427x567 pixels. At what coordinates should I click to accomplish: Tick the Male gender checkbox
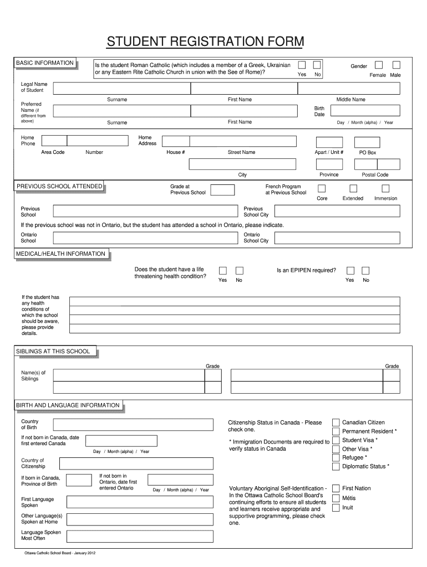coord(396,65)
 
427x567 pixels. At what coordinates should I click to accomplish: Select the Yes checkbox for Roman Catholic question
coord(302,65)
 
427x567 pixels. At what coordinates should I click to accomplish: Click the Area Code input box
coord(54,141)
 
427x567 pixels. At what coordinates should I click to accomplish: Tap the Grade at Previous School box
coord(222,190)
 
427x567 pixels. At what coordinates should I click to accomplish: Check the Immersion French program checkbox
coord(385,189)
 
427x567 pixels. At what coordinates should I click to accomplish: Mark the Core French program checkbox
coord(322,189)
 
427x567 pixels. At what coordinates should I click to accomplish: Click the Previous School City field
coord(337,211)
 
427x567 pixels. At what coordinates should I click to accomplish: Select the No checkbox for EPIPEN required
coord(365,271)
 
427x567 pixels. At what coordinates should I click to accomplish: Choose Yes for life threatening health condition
coord(222,271)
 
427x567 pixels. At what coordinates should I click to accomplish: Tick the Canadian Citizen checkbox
coord(336,423)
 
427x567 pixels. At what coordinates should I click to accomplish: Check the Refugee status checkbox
coord(336,458)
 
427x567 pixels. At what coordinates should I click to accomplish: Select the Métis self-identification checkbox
coord(336,498)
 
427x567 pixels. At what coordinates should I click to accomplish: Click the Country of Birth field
coord(132,425)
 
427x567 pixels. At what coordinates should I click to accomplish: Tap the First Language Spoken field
coord(132,502)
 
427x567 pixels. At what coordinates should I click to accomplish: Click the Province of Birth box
coord(79,481)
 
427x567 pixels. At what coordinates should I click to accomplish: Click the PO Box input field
coord(367,142)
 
